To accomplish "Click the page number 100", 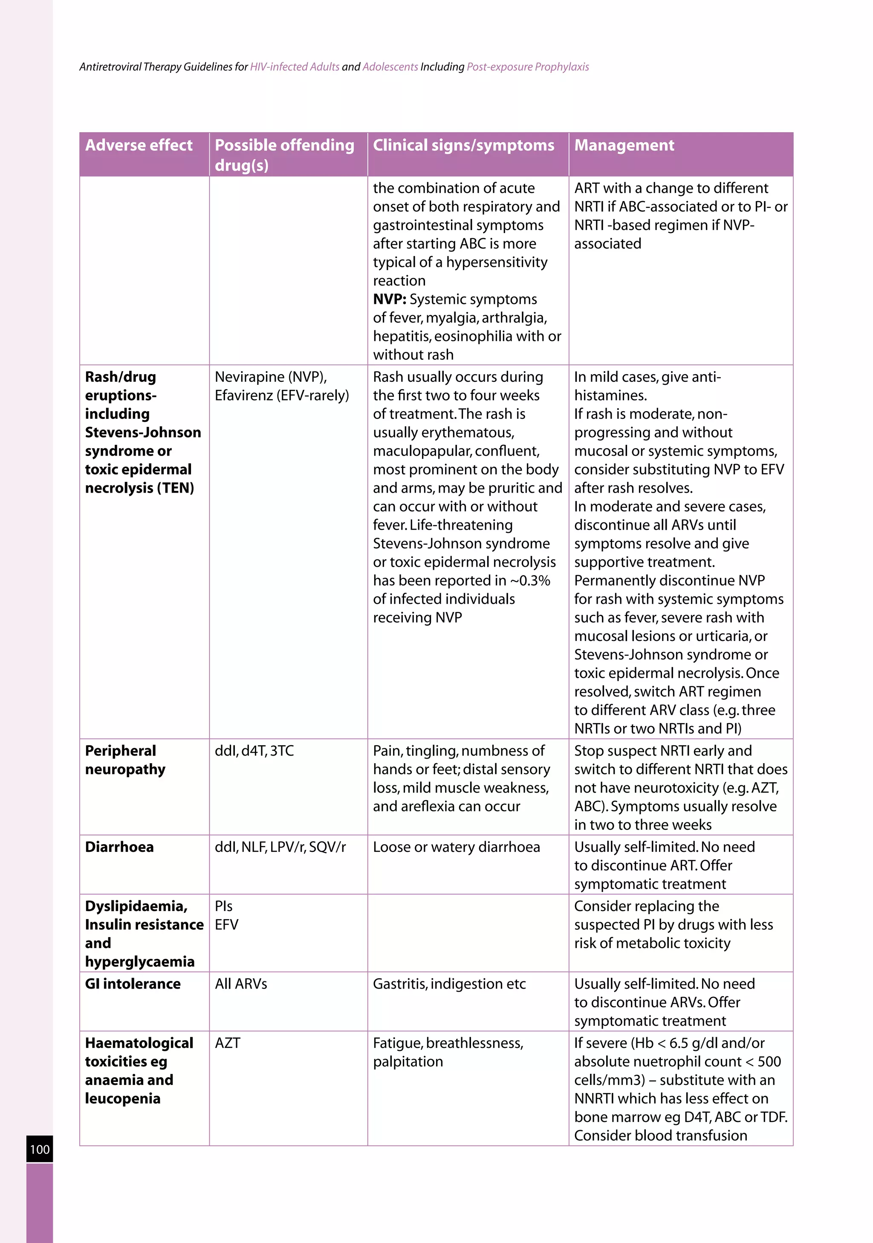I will pos(40,1149).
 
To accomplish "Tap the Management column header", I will pos(624,145).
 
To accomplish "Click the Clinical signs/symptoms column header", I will pos(464,145).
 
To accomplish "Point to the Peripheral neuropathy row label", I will pos(125,759).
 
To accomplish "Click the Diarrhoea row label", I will pos(119,847).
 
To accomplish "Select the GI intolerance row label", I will pos(133,983).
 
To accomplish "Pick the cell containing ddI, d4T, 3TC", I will pos(254,750).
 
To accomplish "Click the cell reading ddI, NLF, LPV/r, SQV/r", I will pos(280,847).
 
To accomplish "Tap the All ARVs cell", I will pos(240,983).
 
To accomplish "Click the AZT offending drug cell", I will pos(228,1043).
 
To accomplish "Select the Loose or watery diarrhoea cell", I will pos(456,847).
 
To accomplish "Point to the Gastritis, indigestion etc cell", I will pos(449,983).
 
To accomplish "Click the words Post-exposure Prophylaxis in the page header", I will pos(527,66).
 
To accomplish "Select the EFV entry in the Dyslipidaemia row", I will pos(226,924).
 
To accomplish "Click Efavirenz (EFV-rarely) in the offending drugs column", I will pos(282,395).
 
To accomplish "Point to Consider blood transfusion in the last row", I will pos(660,1135).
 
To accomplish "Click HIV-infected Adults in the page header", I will pos(295,66).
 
